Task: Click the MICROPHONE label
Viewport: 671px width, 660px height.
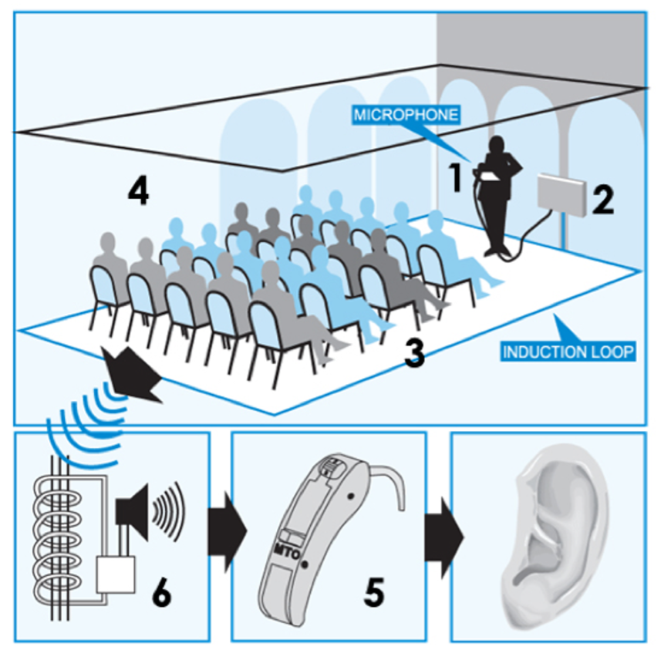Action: [406, 116]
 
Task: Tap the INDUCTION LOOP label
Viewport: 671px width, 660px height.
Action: [568, 352]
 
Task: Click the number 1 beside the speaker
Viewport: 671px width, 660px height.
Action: [457, 178]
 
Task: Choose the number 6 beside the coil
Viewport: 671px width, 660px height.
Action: [161, 592]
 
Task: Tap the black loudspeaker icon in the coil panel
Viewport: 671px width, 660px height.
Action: [126, 510]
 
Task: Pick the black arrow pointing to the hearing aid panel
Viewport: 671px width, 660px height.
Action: [227, 532]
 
